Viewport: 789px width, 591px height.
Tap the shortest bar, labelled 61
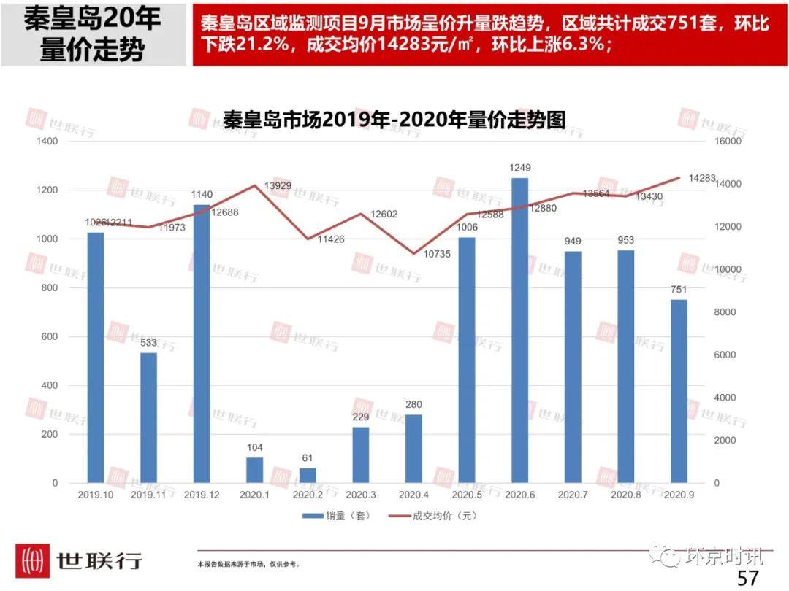(x=308, y=475)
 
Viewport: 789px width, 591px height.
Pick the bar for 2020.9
(x=679, y=391)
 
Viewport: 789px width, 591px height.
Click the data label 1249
(x=519, y=169)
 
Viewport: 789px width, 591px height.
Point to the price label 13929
(x=278, y=186)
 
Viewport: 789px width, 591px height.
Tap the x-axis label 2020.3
(x=360, y=495)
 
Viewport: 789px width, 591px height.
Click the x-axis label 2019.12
(x=202, y=495)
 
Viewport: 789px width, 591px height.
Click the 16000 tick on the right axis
(x=728, y=141)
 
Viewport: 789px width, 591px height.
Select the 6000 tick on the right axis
(x=725, y=355)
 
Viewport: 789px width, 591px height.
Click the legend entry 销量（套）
(x=337, y=516)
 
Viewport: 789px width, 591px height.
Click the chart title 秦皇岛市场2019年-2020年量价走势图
(x=394, y=119)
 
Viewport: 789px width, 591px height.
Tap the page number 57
(x=747, y=578)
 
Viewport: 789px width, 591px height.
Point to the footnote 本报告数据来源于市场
(x=248, y=564)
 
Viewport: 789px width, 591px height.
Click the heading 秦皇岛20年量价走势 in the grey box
(x=93, y=34)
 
